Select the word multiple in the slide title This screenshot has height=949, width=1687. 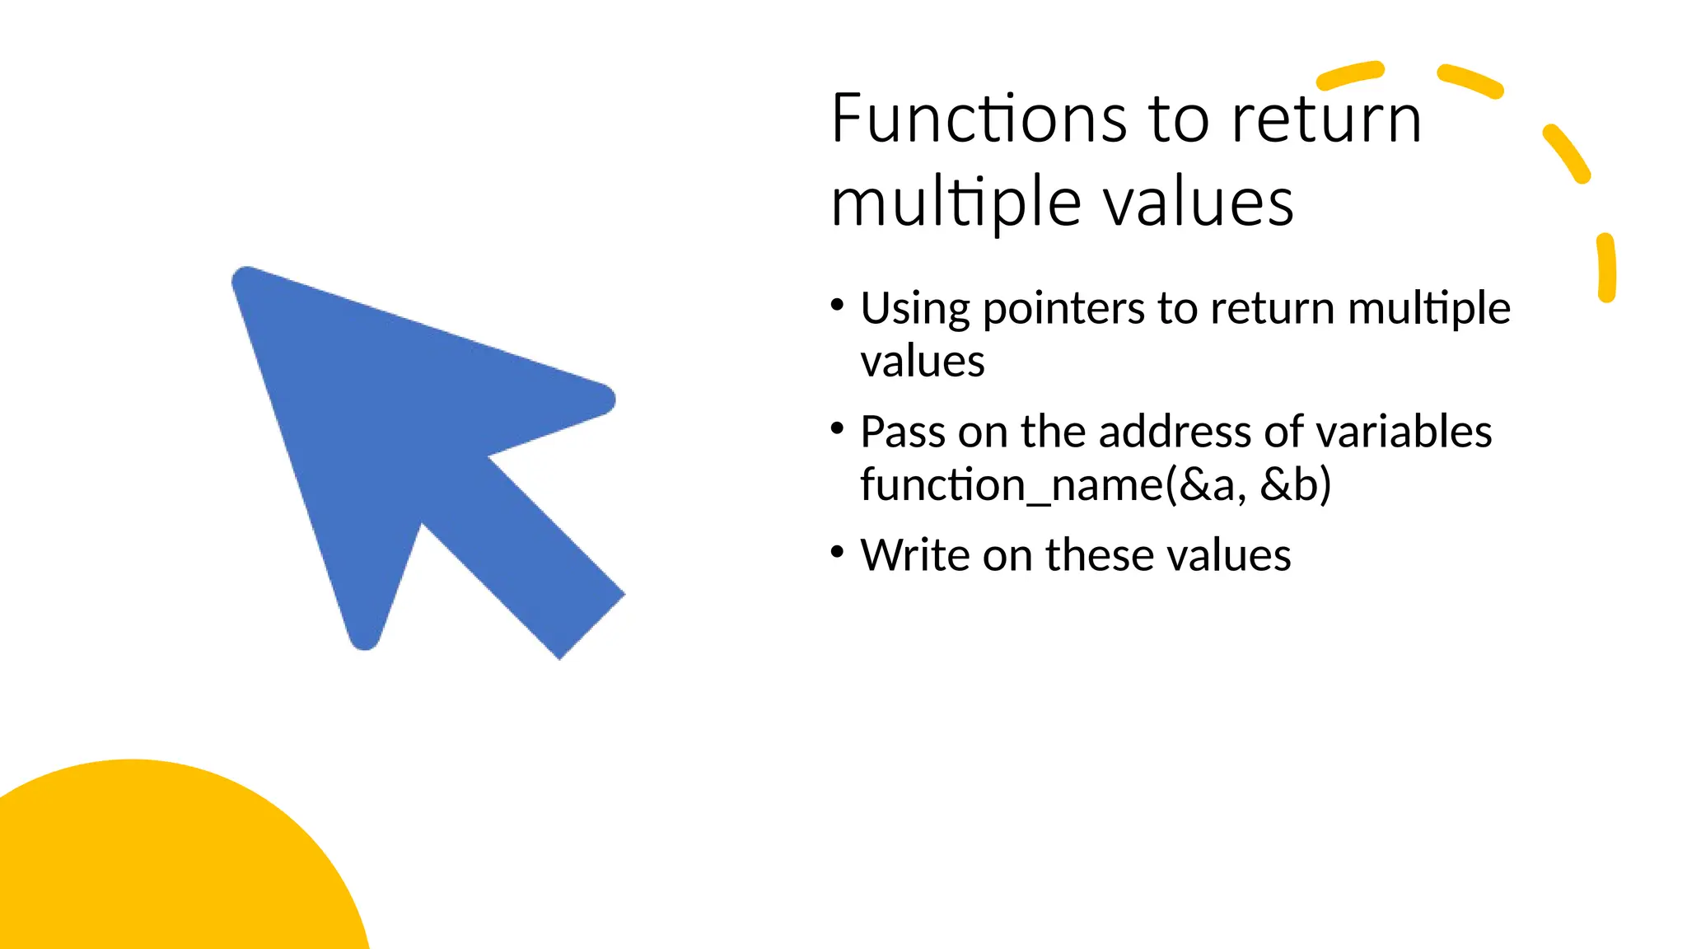(956, 203)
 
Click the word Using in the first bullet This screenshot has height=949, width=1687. (915, 310)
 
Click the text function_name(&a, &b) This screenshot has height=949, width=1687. (1096, 484)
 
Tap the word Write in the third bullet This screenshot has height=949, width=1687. (915, 554)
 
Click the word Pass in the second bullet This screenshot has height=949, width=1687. (902, 432)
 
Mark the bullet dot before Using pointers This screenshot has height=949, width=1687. (838, 306)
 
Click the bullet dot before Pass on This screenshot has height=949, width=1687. (838, 428)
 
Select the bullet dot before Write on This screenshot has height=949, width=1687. (838, 551)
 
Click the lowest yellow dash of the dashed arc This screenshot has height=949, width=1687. (1606, 269)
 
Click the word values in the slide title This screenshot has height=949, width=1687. (1199, 203)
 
